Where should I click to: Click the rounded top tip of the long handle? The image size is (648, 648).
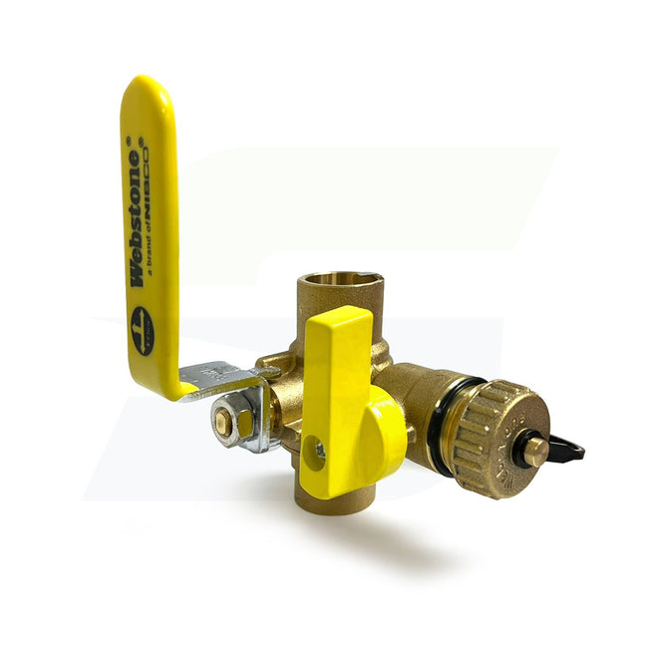148,90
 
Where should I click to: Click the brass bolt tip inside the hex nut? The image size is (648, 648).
223,424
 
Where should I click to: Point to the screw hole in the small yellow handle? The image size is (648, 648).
320,451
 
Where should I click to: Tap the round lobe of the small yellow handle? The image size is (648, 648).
385,439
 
